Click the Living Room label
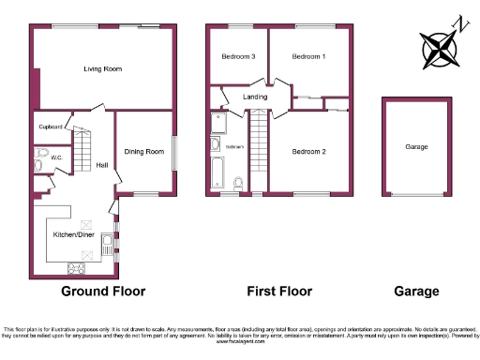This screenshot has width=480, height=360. click(x=103, y=68)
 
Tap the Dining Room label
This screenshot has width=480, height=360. click(x=144, y=152)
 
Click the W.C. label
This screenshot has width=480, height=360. click(x=56, y=157)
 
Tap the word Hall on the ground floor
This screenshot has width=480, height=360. click(x=102, y=166)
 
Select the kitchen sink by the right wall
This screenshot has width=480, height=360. click(x=109, y=246)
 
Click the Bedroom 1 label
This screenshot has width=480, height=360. click(x=308, y=57)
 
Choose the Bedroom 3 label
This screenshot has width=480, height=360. click(x=238, y=57)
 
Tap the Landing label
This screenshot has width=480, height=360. click(x=255, y=96)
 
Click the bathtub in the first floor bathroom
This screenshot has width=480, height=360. click(x=217, y=171)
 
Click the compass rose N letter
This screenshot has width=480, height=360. click(x=457, y=22)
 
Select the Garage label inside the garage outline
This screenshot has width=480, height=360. click(x=416, y=147)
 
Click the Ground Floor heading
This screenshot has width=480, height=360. click(x=103, y=292)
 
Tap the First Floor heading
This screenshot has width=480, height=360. click(x=278, y=292)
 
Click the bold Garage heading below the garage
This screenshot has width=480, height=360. click(x=416, y=292)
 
